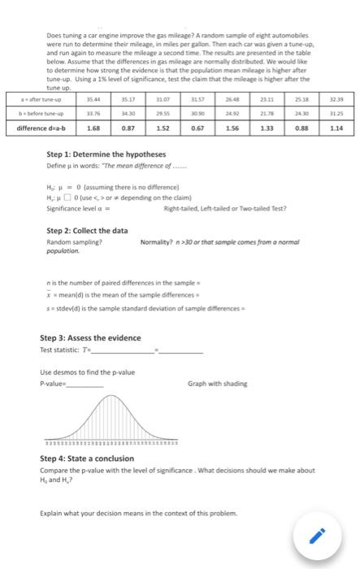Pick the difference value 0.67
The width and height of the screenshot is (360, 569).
click(x=197, y=128)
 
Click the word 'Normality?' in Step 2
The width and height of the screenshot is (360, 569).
click(x=156, y=242)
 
